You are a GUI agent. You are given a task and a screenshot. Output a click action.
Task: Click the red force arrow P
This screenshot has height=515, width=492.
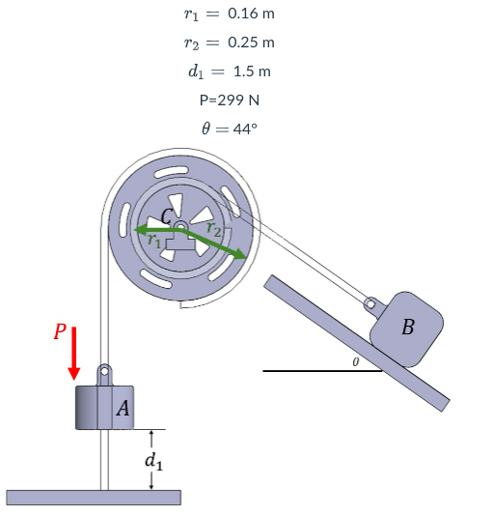74,355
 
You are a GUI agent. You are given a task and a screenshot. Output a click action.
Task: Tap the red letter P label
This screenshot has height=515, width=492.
60,331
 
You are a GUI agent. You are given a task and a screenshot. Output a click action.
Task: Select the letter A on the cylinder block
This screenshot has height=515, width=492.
123,409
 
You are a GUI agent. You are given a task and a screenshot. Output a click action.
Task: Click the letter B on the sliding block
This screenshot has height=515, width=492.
407,328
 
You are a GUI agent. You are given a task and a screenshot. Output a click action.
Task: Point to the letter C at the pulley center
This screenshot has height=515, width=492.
168,217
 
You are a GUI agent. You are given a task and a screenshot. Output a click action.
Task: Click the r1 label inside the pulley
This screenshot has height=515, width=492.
153,243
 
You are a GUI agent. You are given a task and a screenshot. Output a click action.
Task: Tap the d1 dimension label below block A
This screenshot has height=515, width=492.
152,461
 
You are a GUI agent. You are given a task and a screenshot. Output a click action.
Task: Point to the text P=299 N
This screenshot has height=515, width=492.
229,100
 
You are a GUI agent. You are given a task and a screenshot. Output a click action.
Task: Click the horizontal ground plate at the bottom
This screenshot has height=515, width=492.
93,497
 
